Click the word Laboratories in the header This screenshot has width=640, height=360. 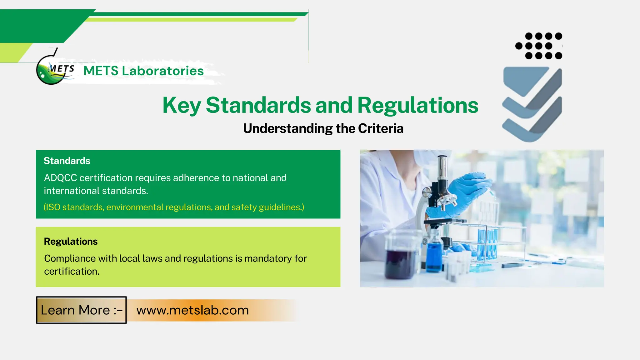coord(162,71)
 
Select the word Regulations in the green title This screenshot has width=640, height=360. coord(417,105)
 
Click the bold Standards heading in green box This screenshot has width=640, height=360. coord(67,161)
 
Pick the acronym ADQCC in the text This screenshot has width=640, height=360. coord(60,178)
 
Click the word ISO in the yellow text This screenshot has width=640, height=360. coord(53,207)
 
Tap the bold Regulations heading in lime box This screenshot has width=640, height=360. coord(71,241)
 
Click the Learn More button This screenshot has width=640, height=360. coord(81,310)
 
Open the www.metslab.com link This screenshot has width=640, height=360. coord(192,310)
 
